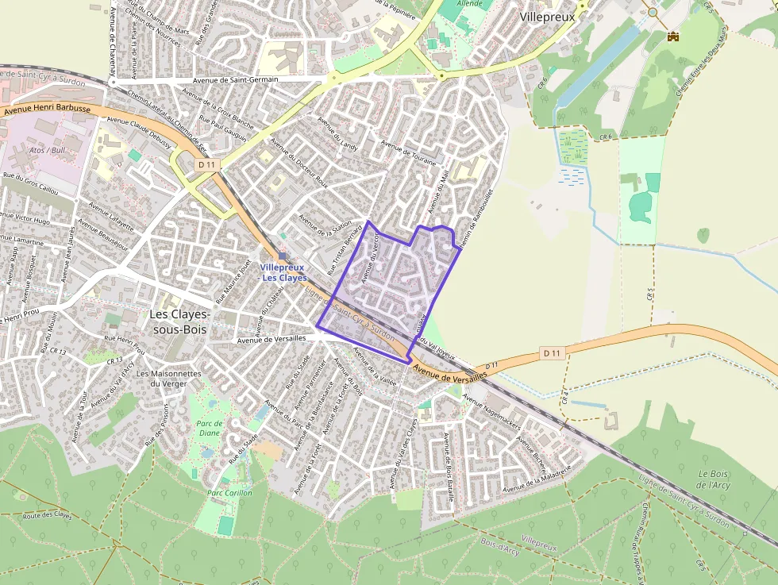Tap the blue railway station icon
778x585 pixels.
283,256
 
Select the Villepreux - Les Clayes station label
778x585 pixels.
283,273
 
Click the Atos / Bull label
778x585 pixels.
46,150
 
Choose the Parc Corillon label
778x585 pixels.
229,493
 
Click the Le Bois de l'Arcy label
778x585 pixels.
714,479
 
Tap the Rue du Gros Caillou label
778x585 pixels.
31,184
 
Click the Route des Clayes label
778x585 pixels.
47,516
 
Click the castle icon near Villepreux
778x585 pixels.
673,36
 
